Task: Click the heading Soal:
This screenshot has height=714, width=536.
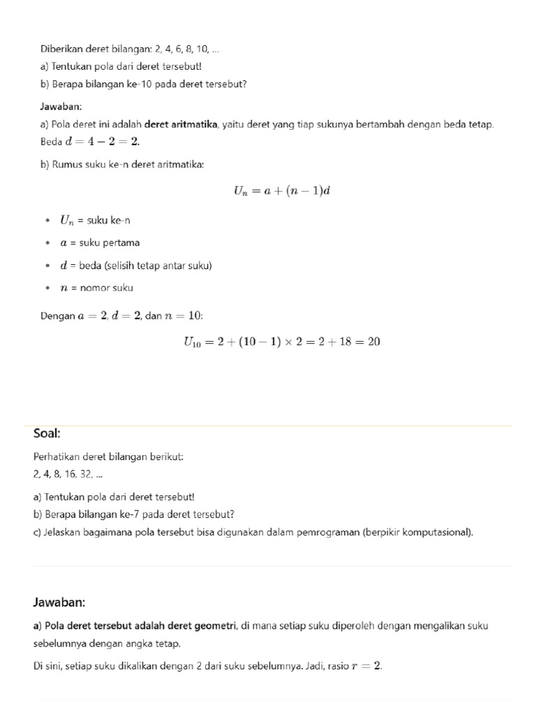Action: [x=47, y=434]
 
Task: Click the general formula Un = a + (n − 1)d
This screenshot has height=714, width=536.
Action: [x=281, y=190]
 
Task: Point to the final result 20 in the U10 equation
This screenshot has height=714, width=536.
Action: [x=373, y=342]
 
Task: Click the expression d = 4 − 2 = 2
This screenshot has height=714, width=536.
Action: [x=103, y=142]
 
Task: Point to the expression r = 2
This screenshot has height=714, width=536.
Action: [x=367, y=667]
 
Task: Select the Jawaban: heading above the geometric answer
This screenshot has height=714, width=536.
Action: [x=59, y=602]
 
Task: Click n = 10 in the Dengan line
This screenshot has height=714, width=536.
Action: [x=183, y=317]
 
